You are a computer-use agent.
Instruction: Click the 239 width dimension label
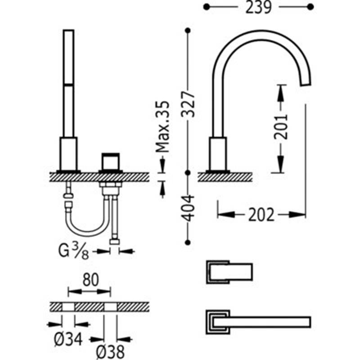(258, 7)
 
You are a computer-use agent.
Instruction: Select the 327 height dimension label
(188, 104)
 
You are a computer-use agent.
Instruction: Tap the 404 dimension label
(188, 208)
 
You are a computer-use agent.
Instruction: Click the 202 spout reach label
(261, 215)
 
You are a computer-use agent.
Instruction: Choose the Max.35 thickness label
(162, 126)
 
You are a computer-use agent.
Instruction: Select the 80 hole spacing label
(90, 280)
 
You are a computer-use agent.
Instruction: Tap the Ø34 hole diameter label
(68, 339)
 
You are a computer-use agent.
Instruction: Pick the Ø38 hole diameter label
(110, 351)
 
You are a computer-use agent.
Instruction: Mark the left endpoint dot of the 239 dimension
(207, 7)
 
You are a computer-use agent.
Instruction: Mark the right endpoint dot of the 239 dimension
(310, 7)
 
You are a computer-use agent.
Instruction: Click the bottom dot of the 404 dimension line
(188, 243)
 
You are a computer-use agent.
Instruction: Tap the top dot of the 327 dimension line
(188, 30)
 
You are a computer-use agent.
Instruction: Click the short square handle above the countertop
(111, 162)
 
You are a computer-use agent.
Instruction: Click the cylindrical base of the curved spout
(218, 153)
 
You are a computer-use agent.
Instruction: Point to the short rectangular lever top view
(229, 272)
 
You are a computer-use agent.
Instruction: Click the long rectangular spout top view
(258, 322)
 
